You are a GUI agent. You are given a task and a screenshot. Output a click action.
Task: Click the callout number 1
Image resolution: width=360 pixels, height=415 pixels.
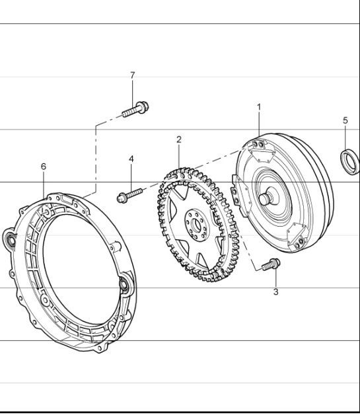(x=259, y=106)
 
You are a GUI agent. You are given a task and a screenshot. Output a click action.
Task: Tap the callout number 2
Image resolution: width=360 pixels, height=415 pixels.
(x=178, y=139)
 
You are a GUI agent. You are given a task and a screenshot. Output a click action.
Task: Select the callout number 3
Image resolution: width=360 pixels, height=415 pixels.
(x=275, y=291)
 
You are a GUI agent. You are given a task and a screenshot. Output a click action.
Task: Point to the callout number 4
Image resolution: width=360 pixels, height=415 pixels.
(x=131, y=159)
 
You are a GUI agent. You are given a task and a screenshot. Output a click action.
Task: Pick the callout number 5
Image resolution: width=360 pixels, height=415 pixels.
(x=345, y=120)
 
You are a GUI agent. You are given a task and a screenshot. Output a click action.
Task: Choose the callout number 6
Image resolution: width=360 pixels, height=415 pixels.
(x=44, y=167)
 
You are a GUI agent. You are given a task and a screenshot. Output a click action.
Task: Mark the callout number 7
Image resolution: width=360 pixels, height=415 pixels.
(x=132, y=75)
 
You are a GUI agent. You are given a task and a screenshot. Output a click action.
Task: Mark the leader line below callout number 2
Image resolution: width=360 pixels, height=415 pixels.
(x=178, y=156)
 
